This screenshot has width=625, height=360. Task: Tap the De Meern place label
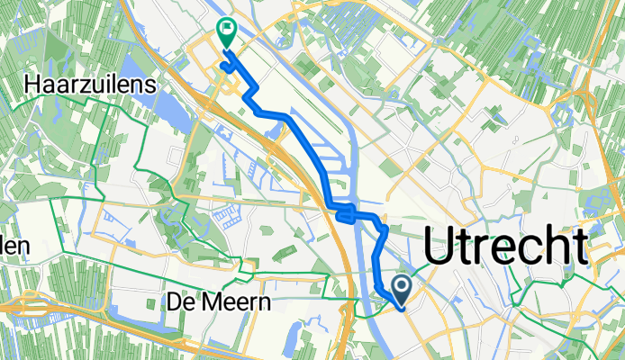pyautogui.click(x=219, y=303)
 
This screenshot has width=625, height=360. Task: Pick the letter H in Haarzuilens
pyautogui.click(x=34, y=85)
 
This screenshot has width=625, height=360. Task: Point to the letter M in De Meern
pyautogui.click(x=209, y=303)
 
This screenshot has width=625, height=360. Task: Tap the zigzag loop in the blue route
pyautogui.click(x=345, y=214)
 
